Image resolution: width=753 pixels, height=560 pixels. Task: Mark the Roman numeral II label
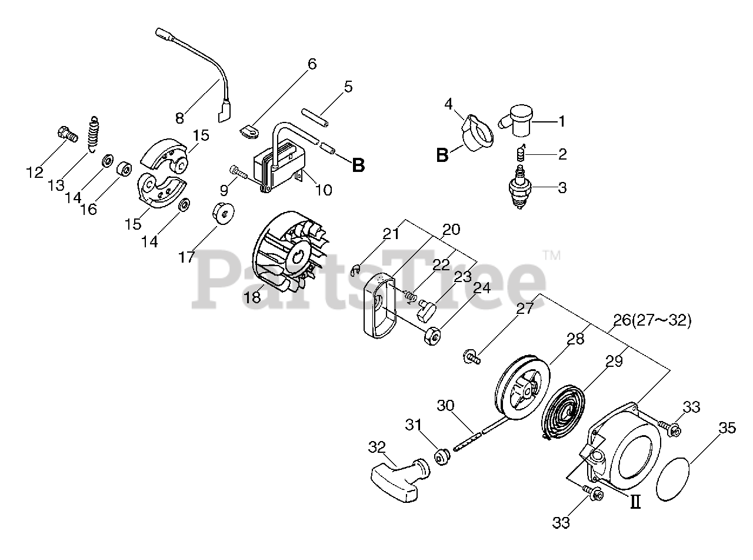pyautogui.click(x=635, y=502)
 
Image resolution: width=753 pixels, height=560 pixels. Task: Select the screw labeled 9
pyautogui.click(x=236, y=171)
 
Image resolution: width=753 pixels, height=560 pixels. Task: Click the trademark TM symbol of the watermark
pyautogui.click(x=551, y=255)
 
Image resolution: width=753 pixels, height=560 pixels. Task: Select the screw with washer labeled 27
pyautogui.click(x=470, y=356)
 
